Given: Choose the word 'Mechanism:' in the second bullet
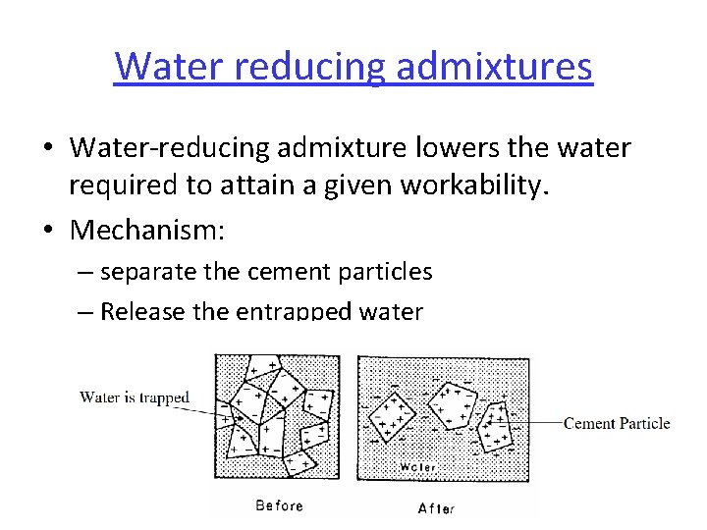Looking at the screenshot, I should [147, 232].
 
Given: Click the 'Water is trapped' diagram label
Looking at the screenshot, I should [135, 397].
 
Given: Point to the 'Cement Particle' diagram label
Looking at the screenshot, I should [617, 423].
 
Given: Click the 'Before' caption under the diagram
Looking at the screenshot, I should [279, 505].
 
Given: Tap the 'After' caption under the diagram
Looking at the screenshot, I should [436, 507].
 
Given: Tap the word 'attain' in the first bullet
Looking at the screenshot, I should [252, 184].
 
